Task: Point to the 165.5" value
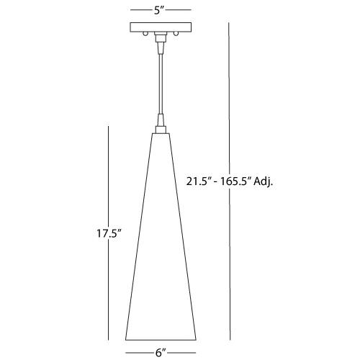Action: click(x=238, y=181)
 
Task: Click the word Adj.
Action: click(x=267, y=181)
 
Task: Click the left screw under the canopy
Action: click(x=146, y=35)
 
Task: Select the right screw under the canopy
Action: click(x=175, y=35)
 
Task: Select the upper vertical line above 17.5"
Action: click(x=108, y=173)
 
